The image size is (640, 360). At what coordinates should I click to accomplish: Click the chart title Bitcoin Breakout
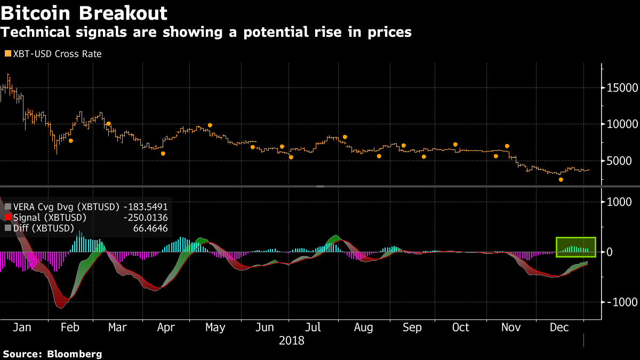pyautogui.click(x=84, y=13)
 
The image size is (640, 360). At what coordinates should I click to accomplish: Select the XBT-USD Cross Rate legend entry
pyautogui.click(x=53, y=54)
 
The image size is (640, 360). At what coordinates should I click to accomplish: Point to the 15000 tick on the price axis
pyautogui.click(x=619, y=87)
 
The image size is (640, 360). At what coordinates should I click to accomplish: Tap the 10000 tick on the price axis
pyautogui.click(x=619, y=124)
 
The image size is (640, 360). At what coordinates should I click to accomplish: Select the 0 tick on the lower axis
pyautogui.click(x=610, y=252)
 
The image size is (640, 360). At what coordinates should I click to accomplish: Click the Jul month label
pyautogui.click(x=313, y=327)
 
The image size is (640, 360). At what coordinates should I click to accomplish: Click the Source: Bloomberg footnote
pyautogui.click(x=52, y=354)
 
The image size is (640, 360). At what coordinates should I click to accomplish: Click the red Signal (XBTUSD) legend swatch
pyautogui.click(x=7, y=218)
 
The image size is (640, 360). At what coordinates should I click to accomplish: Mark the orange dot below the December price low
pyautogui.click(x=561, y=180)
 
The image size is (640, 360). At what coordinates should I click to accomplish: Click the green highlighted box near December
pyautogui.click(x=575, y=246)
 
